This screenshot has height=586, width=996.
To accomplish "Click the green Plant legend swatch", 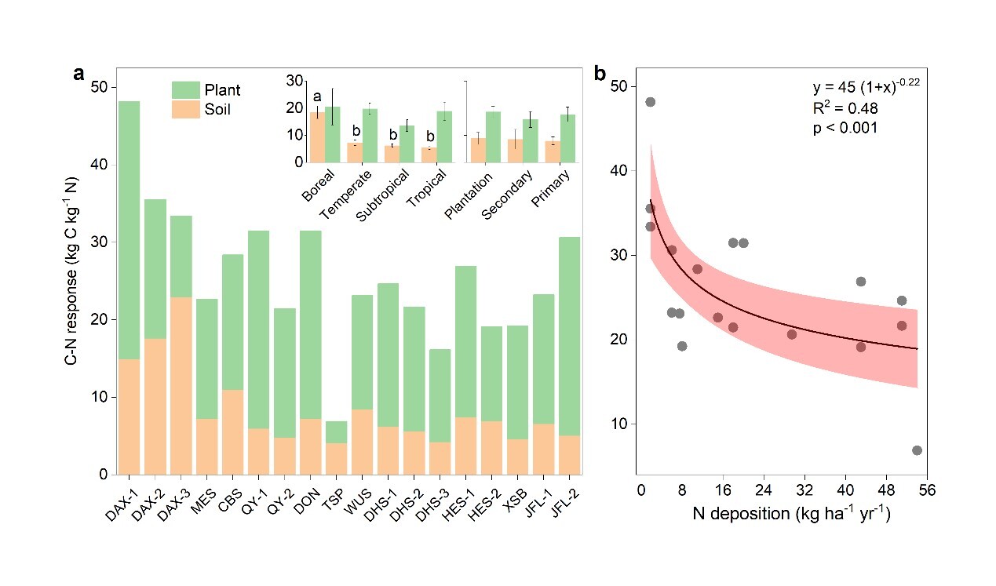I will (x=186, y=89).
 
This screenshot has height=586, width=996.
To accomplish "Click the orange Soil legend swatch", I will (x=186, y=110).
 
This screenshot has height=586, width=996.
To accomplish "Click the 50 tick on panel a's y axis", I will (x=101, y=88).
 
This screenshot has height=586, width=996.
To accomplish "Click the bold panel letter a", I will (x=78, y=75).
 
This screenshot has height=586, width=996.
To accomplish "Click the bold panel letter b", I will (x=600, y=75).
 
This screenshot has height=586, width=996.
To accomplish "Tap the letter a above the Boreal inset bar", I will (x=317, y=97).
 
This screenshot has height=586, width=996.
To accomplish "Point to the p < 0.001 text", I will (x=845, y=127).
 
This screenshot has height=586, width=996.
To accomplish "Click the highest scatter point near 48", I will (x=650, y=102).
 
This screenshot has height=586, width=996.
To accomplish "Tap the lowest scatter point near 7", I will (x=917, y=450).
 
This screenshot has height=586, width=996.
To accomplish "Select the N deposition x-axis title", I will (x=790, y=515).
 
